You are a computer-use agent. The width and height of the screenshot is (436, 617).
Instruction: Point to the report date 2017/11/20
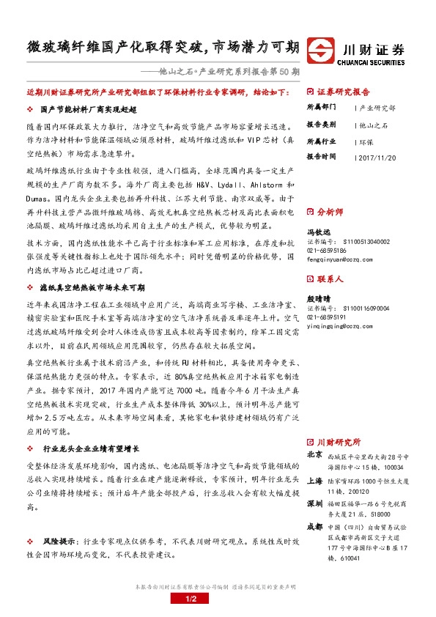coord(374,157)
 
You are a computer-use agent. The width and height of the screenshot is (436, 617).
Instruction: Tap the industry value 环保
coord(366,141)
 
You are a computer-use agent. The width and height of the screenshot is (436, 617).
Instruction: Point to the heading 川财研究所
coord(339,443)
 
